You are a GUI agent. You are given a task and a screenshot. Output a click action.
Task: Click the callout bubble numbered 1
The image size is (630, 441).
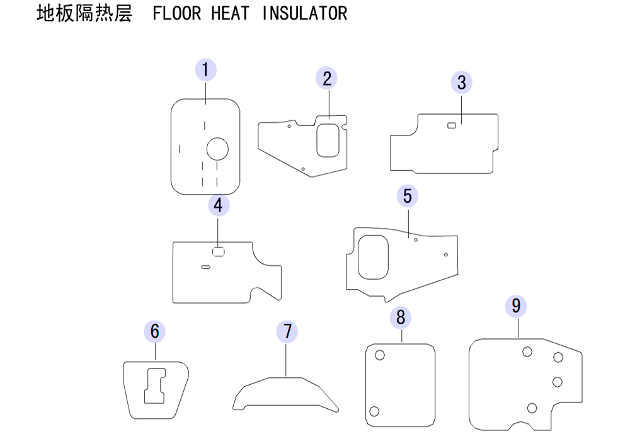pos(206,70)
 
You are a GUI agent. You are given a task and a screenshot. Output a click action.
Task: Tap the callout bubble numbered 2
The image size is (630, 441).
pos(326,78)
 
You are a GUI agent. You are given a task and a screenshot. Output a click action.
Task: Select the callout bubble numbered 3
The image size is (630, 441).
pos(462,83)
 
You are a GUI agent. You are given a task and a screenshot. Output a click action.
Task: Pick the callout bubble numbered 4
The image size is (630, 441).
pos(219,205)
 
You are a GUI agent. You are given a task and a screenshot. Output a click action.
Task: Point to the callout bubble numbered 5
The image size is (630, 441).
pos(408,196)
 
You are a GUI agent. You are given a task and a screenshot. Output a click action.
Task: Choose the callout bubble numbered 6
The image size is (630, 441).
pos(155,331)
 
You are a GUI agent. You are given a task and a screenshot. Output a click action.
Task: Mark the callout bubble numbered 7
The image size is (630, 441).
pos(287,331)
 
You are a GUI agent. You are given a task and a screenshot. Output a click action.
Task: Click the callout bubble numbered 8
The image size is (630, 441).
pos(401,318)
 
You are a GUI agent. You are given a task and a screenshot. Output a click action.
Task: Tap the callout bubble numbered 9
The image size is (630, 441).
pos(516,306)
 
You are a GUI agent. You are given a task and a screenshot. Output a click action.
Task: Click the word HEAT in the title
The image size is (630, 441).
pos(230,13)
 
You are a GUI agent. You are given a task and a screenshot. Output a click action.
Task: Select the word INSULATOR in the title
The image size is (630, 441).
pos(304,13)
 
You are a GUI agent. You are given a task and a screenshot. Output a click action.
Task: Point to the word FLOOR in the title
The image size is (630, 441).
pos(177,13)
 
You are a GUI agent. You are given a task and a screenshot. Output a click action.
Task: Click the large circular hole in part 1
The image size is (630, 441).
pos(217,149)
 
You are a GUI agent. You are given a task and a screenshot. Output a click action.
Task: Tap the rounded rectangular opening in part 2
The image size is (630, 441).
pos(328,140)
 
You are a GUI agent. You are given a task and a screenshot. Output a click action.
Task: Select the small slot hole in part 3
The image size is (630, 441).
pos(452,125)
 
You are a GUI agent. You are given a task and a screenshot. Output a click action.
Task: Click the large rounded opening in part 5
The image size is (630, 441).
pos(373,257)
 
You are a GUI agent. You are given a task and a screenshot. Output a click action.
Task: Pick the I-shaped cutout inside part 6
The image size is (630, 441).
pos(155,386)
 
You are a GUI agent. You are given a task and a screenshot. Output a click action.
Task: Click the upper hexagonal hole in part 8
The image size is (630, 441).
pos(380,355)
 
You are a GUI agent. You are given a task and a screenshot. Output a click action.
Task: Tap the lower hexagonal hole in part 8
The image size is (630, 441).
pos(374,411)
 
